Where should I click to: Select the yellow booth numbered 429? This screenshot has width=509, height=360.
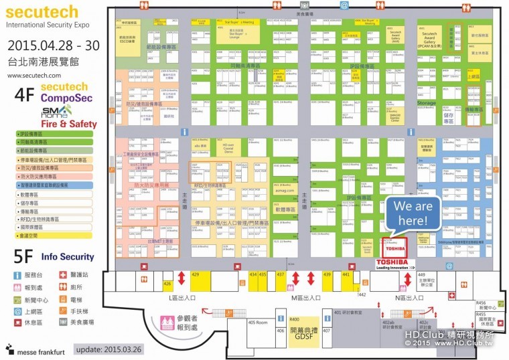[x=196, y=274]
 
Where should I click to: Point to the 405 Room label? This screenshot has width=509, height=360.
[x=258, y=323]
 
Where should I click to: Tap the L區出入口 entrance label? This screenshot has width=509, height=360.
[x=183, y=297]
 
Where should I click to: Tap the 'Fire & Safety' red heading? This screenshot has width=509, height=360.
[x=69, y=124]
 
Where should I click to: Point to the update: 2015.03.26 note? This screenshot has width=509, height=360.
[x=110, y=349]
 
